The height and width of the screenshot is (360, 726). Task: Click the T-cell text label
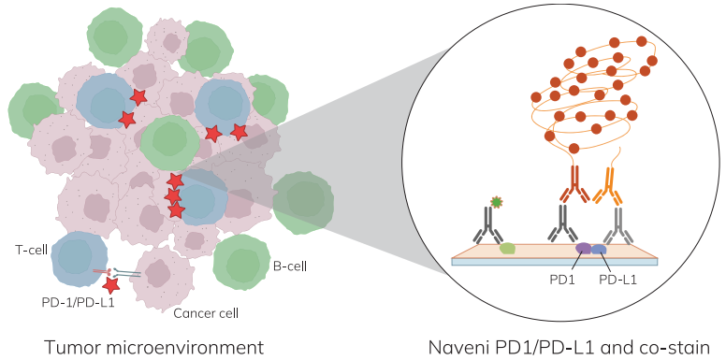tap(31, 251)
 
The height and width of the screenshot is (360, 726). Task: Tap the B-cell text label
tap(288, 266)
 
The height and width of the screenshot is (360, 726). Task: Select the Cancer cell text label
tap(206, 313)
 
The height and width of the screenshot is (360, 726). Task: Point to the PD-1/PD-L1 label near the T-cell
tap(78, 303)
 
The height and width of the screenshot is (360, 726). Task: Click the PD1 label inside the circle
tap(561, 280)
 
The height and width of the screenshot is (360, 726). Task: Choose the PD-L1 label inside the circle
tap(617, 280)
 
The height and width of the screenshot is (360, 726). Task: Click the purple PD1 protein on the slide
tap(583, 249)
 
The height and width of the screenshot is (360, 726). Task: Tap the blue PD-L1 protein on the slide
tap(599, 250)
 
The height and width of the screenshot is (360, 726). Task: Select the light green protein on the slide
tap(508, 249)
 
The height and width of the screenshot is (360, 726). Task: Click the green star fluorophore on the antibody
tap(497, 202)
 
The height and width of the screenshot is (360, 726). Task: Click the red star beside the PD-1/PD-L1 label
tap(110, 285)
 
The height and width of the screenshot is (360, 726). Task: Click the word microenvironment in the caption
tap(185, 348)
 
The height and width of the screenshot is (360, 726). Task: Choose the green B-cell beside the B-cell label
tap(241, 263)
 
